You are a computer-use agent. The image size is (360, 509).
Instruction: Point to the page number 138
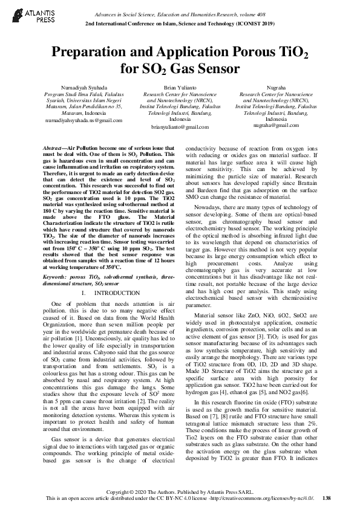click(x=326, y=498)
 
